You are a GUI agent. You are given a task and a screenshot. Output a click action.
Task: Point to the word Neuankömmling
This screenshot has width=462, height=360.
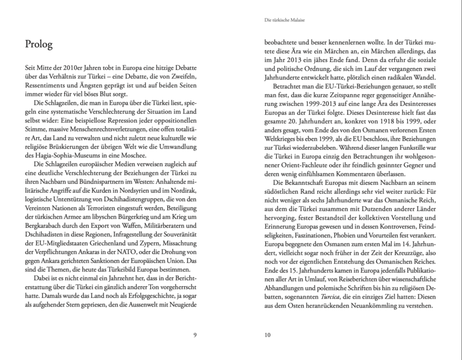pyautogui.click(x=369, y=305)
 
